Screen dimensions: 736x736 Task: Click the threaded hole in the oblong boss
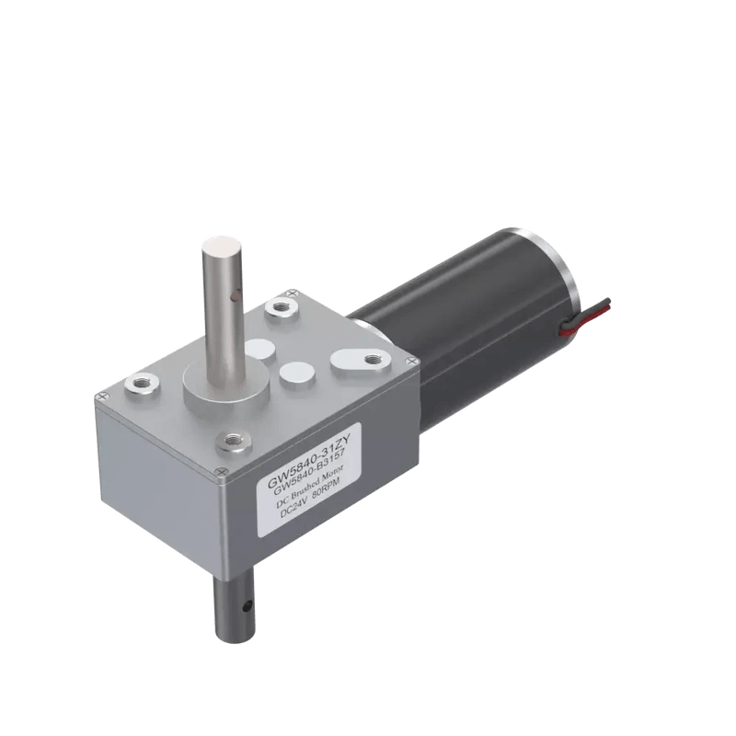tap(371, 359)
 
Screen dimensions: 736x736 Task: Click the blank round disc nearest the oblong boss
tap(297, 372)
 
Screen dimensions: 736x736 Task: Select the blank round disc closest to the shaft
tap(258, 351)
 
